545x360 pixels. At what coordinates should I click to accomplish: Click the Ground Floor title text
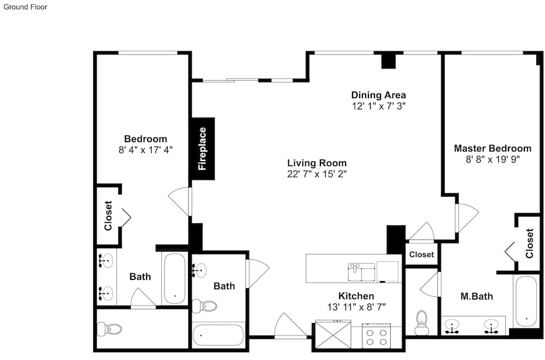(x=26, y=7)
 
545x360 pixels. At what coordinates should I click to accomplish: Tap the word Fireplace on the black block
(x=202, y=149)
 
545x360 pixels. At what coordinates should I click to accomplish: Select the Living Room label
(x=317, y=163)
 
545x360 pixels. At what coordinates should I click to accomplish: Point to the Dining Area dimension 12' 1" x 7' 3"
(x=379, y=106)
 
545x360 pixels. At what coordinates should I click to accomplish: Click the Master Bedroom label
(x=493, y=148)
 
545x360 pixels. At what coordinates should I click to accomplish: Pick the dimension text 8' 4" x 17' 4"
(x=146, y=150)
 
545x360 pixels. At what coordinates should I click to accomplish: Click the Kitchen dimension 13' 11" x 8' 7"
(x=356, y=307)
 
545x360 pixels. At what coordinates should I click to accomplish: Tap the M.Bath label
(x=476, y=296)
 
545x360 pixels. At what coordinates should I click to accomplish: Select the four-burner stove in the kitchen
(x=377, y=335)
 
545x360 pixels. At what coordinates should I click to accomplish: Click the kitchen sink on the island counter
(x=361, y=272)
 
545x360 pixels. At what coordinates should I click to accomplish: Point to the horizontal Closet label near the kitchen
(x=421, y=254)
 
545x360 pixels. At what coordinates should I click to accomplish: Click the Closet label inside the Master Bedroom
(x=529, y=243)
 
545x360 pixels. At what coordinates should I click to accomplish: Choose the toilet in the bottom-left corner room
(x=109, y=328)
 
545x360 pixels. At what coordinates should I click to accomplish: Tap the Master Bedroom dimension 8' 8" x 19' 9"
(x=493, y=160)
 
